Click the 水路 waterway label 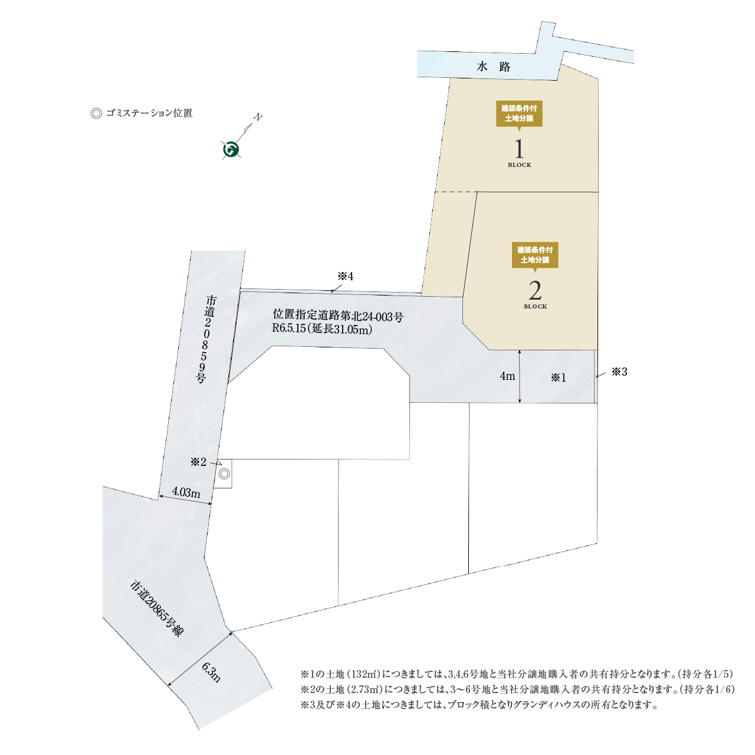coord(493,67)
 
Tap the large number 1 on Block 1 coord(519,149)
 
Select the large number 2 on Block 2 coord(535,291)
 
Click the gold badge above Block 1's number coord(519,113)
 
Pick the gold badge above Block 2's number coord(535,255)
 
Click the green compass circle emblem coord(231,150)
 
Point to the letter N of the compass coord(257,117)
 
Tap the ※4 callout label coord(345,277)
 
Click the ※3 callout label coord(619,372)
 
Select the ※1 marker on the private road coord(558,377)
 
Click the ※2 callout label coord(198,462)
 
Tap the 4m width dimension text coord(507,376)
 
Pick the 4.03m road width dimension coord(186,492)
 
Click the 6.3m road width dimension coord(211,672)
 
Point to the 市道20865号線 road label coord(156,608)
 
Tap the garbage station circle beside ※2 coord(224,474)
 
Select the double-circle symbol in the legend coord(96,113)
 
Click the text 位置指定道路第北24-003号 coord(338,316)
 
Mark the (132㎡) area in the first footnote coord(363,674)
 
